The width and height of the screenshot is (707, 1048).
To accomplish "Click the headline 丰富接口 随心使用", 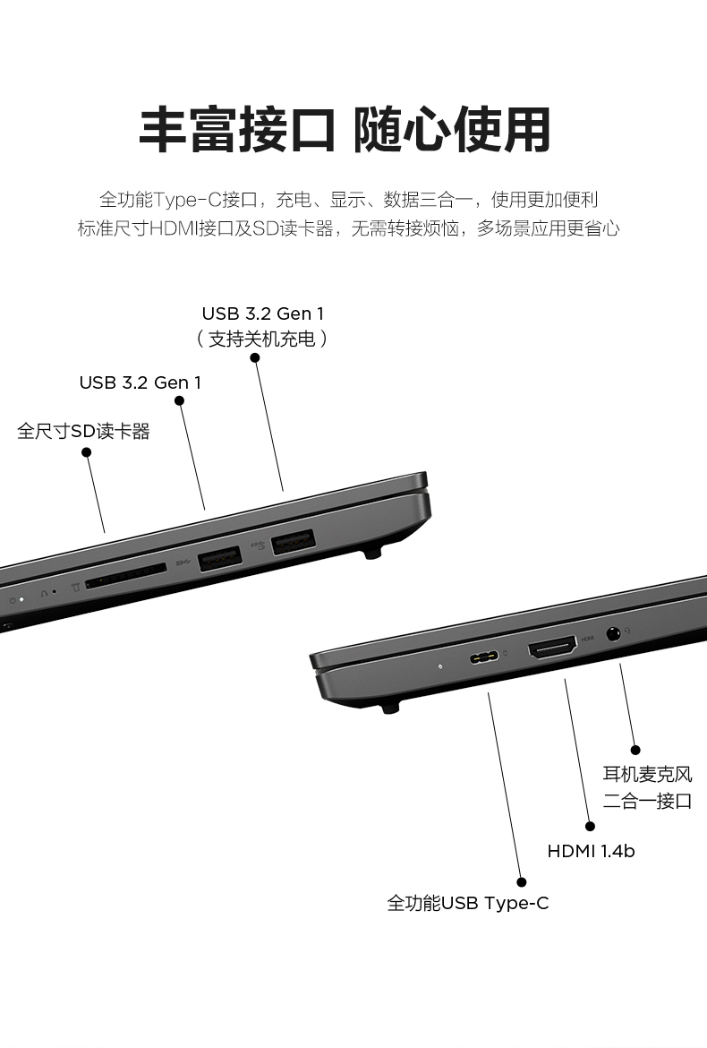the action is coord(345,130).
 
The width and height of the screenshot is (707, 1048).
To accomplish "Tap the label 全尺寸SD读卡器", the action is coord(83,431).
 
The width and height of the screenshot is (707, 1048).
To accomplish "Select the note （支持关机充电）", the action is coord(261,339).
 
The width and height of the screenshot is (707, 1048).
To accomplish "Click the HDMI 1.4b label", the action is coord(591,851).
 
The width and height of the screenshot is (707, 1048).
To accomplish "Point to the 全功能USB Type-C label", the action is coord(468,903).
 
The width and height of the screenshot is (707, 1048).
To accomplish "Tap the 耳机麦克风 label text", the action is coord(648,774).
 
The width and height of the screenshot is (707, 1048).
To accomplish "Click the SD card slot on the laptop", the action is coord(126,575).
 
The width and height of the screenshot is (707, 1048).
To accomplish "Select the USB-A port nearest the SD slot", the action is coord(219,559).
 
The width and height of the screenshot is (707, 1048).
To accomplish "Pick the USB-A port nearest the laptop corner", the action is coord(293,541).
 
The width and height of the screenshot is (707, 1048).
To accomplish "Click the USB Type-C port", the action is coord(484,657).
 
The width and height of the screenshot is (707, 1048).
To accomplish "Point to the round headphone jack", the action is coord(613,632).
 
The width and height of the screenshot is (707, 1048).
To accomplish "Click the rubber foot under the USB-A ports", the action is coord(372,553).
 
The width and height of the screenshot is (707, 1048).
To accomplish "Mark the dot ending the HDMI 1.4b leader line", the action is coord(590,827).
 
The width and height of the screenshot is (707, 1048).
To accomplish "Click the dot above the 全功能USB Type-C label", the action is coord(522,882).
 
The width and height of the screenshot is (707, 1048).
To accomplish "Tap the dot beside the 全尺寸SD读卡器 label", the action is coord(86,452).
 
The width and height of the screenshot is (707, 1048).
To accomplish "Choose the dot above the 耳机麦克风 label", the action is coord(635,750).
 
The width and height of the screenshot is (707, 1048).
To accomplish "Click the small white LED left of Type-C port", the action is coord(439,666).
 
